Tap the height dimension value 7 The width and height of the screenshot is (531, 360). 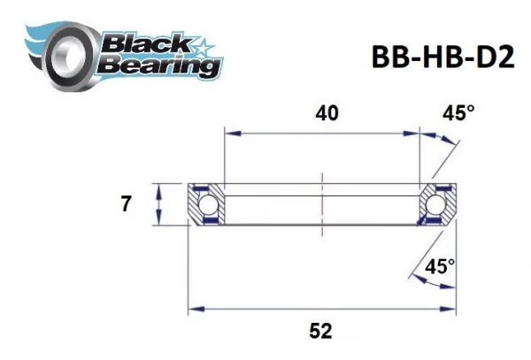[x=126, y=204]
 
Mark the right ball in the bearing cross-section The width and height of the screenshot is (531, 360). [x=436, y=205]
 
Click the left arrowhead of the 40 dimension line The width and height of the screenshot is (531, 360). [x=229, y=134]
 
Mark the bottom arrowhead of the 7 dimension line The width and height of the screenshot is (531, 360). [x=158, y=222]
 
